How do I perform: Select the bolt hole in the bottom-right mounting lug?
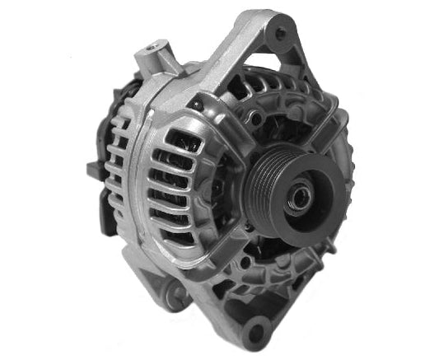point(257,334)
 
